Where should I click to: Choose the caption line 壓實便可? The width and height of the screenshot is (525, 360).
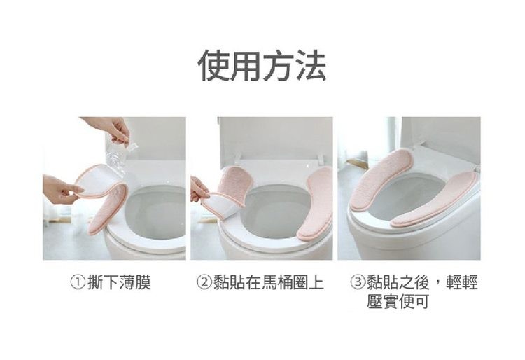click(x=398, y=302)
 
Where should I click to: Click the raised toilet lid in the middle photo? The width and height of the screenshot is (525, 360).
click(x=273, y=137)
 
